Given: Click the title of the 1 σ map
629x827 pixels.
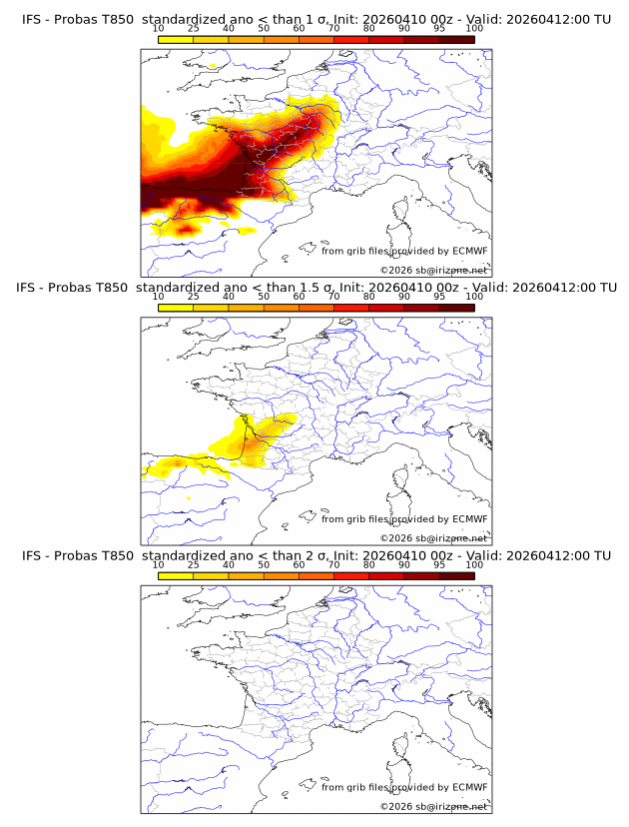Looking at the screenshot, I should (315, 19).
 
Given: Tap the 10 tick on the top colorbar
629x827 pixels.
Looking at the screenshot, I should (159, 29).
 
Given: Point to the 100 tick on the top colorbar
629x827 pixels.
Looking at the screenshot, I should (474, 29).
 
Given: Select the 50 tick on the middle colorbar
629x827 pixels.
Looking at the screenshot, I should (264, 297).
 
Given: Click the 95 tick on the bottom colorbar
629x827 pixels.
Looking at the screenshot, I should (439, 564).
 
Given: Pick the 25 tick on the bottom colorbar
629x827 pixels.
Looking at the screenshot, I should (194, 564).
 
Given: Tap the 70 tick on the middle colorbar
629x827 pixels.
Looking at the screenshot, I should (333, 297).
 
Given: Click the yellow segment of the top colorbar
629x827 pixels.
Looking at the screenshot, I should (176, 39).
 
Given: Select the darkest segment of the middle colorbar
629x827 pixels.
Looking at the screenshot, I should (456, 307).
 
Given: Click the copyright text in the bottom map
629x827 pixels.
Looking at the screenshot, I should (433, 806).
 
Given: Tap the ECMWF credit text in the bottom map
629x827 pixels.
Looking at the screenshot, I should (404, 787).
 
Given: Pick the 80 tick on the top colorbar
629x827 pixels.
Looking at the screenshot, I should (369, 29).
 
